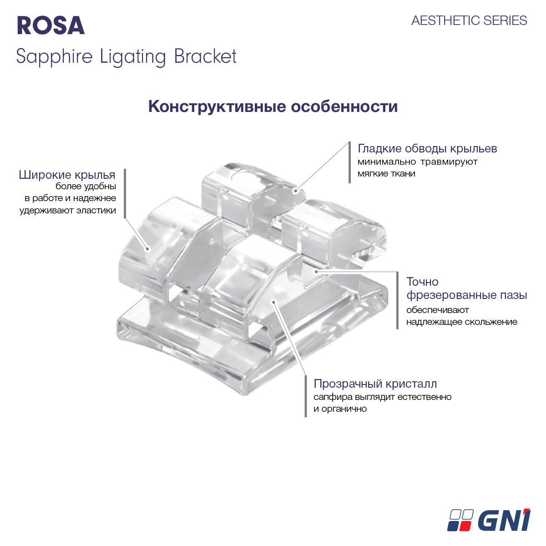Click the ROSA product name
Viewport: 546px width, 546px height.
(x=51, y=25)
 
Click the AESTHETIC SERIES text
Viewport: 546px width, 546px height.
(x=469, y=20)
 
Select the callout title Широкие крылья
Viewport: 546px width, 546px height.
(x=67, y=175)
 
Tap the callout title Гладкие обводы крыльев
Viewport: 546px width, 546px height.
(x=427, y=149)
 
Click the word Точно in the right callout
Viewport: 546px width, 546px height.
(x=422, y=282)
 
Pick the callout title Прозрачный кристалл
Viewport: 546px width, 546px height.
(x=375, y=384)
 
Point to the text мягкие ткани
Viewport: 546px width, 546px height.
(x=386, y=173)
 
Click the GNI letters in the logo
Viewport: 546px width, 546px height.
(x=504, y=520)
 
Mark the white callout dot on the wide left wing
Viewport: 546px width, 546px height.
(x=147, y=248)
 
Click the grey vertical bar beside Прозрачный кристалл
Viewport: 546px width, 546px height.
(x=306, y=396)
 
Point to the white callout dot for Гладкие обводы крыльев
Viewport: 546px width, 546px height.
(x=296, y=191)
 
